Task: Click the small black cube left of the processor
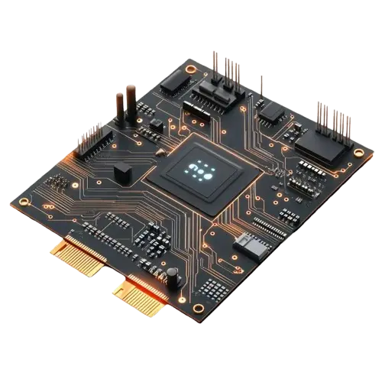pyautogui.click(x=122, y=172)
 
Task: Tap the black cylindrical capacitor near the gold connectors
pyautogui.click(x=173, y=276)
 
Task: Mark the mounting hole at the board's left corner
pyautogui.click(x=25, y=202)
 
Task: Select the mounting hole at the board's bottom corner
pyautogui.click(x=199, y=307)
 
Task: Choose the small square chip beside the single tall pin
pyautogui.click(x=270, y=112)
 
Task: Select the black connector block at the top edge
pyautogui.click(x=216, y=95)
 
